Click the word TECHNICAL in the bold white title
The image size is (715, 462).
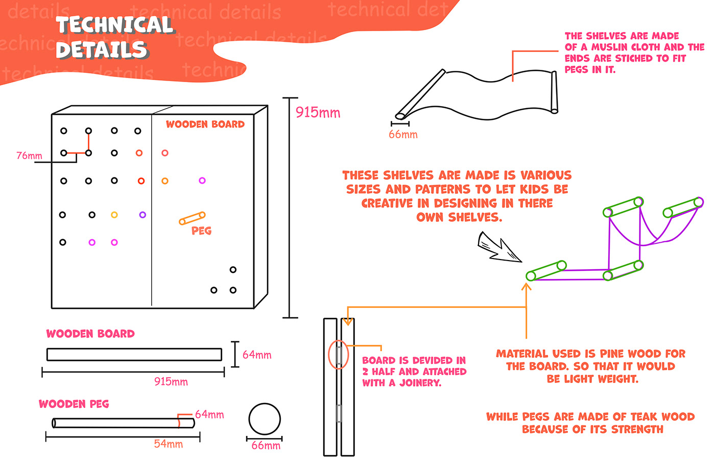[115, 25]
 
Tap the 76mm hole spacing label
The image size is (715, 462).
[29, 156]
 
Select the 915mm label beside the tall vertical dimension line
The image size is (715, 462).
[318, 113]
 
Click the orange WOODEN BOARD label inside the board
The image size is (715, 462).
[205, 124]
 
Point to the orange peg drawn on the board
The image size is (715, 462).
[192, 218]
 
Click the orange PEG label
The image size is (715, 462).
[201, 230]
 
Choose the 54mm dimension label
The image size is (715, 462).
[168, 444]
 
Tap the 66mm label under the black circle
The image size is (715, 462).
[266, 446]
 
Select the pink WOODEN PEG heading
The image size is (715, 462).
[74, 404]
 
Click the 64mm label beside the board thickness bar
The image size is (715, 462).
[257, 355]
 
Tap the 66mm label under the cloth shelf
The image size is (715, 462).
[403, 135]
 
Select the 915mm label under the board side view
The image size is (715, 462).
[171, 382]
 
